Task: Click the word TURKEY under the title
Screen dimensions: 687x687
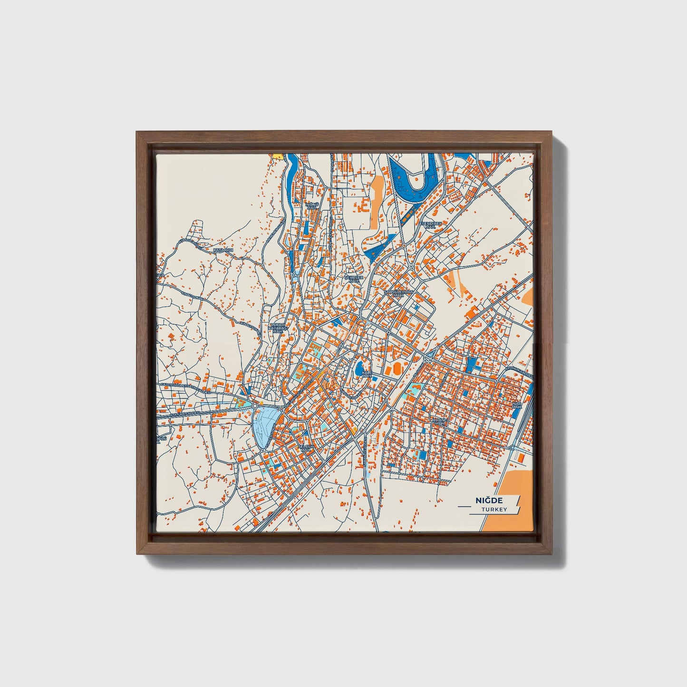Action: click(x=494, y=510)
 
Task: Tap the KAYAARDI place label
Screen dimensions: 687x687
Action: click(x=223, y=250)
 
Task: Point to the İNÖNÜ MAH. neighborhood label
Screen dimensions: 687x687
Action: click(x=311, y=206)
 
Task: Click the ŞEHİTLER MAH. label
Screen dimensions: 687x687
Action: click(x=354, y=279)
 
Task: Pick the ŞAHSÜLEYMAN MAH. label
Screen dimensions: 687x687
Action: click(x=399, y=293)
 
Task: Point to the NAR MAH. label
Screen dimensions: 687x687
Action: click(x=517, y=405)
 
